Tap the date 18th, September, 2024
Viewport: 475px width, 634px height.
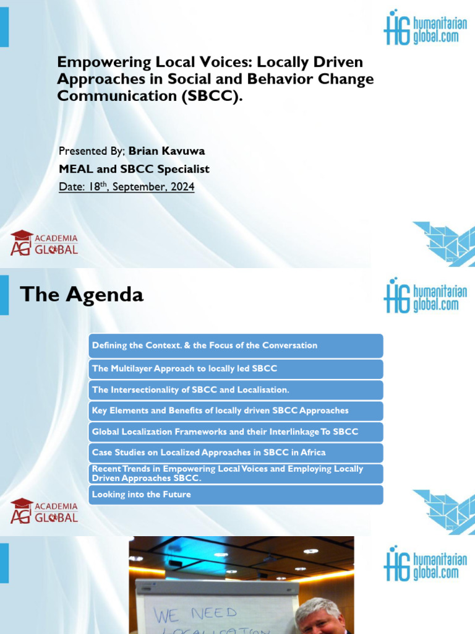126,186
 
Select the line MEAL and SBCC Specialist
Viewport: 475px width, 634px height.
134,169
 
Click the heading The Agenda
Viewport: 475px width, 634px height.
82,294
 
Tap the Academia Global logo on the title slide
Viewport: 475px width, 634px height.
44,243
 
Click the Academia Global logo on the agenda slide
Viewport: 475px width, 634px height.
44,510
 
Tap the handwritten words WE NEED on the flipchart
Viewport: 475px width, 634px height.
195,614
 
